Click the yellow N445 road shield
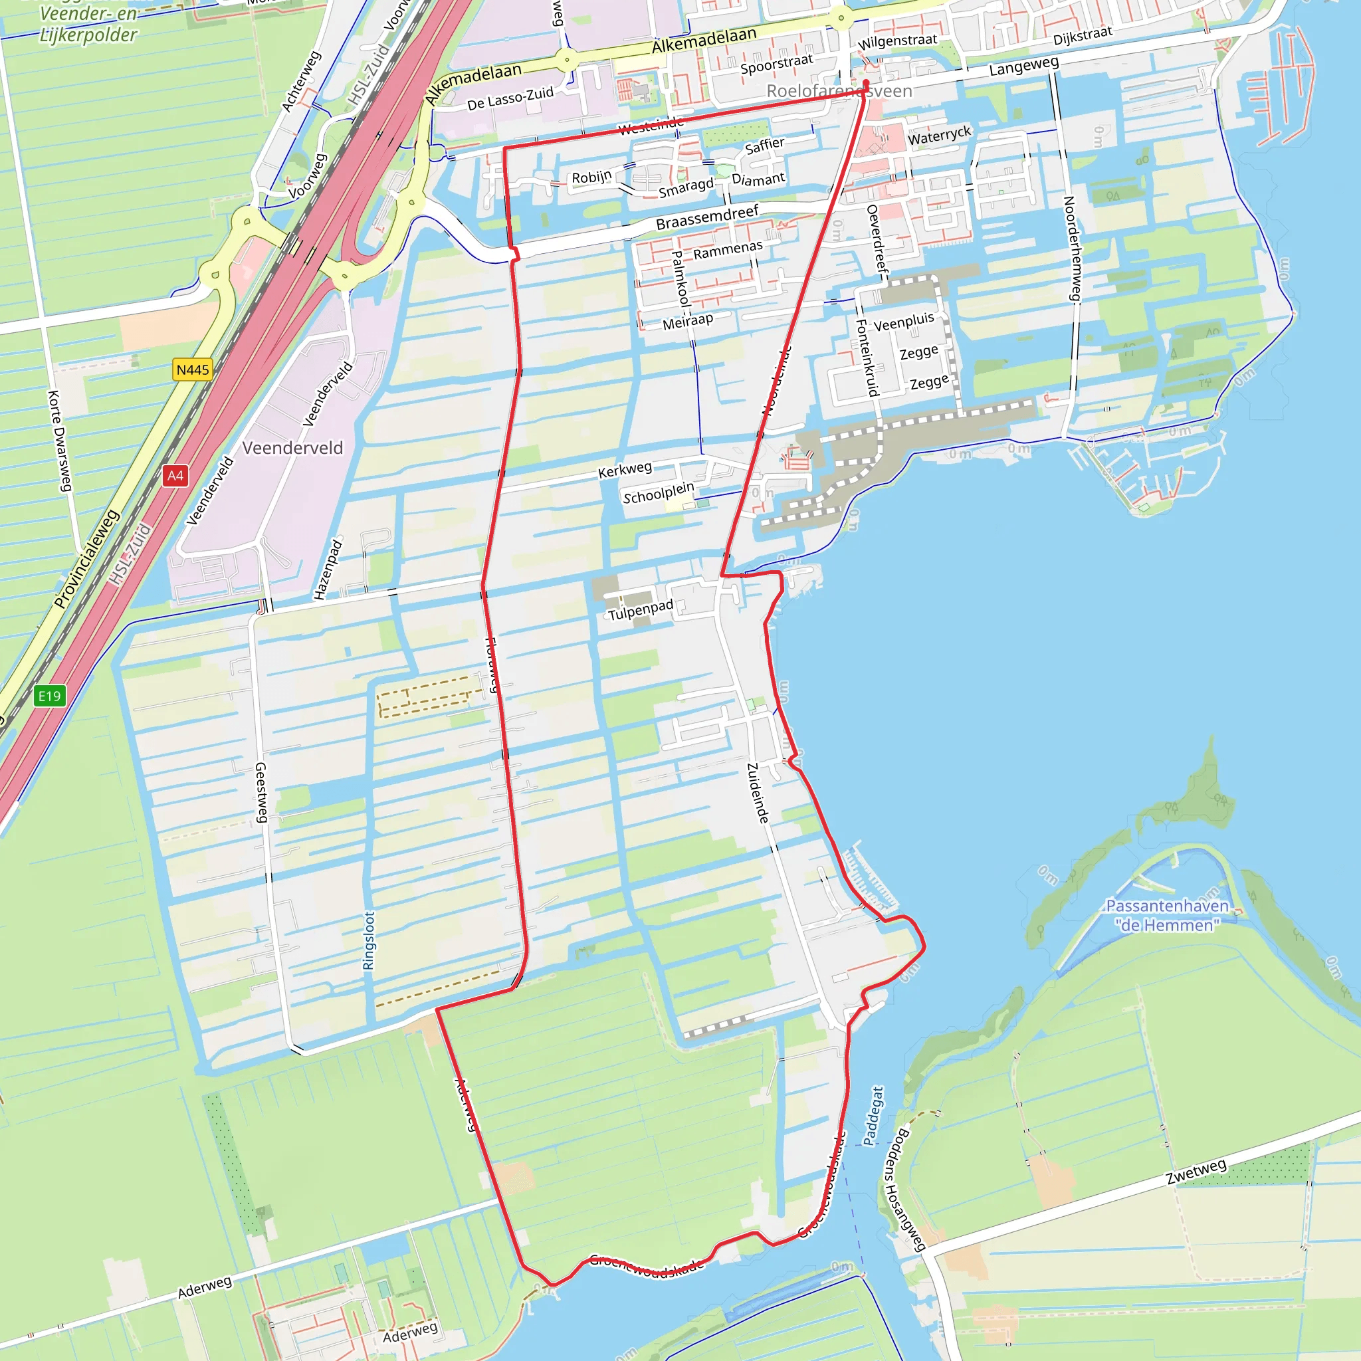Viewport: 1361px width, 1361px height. pos(192,370)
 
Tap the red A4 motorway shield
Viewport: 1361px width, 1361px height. pos(175,476)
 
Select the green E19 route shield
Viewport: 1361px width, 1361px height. pos(49,696)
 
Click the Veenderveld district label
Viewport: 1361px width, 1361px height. pos(292,448)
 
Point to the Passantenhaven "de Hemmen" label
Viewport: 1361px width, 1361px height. pos(1167,915)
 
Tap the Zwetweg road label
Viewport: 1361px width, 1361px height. pos(1196,1172)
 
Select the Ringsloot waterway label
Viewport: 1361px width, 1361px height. pos(368,940)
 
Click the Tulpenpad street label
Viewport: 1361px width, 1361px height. pos(641,610)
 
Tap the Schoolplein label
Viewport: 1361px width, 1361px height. pos(659,492)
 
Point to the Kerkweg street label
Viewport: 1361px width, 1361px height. pos(625,469)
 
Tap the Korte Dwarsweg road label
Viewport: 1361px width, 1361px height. pos(60,441)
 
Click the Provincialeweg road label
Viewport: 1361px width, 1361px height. pos(86,559)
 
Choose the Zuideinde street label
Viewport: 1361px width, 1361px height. pos(758,793)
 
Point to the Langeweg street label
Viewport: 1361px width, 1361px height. pos(1023,66)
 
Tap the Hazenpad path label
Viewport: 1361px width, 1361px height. pos(328,570)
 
